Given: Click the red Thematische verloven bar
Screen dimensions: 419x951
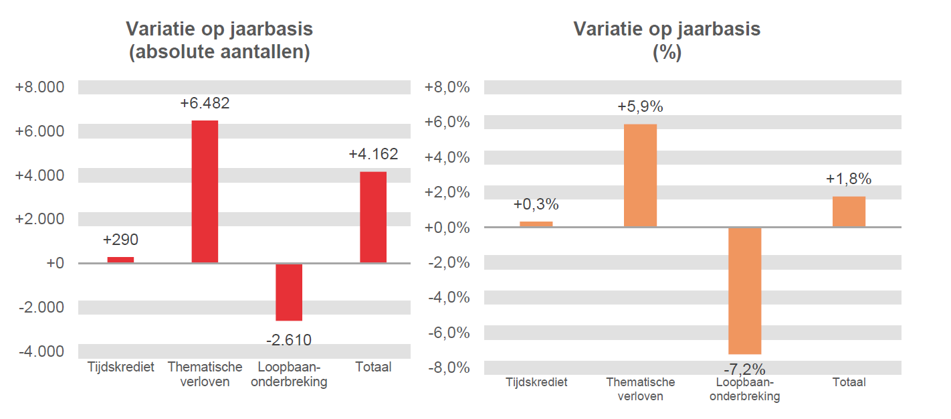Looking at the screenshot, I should pos(205,191).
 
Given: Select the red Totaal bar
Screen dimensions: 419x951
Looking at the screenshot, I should pos(373,218).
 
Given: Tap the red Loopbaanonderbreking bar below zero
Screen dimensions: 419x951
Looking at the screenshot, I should pos(289,292).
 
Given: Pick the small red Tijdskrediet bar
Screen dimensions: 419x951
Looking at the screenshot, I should pos(120,260).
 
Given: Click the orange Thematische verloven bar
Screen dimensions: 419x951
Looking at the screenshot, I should pos(640,175).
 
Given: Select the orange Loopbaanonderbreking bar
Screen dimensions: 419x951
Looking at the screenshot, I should pos(744,290).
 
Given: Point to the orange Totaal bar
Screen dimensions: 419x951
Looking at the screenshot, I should pos(849,212).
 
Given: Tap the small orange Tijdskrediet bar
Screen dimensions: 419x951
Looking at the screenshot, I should pos(536,224).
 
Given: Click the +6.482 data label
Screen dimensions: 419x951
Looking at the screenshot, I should pos(205,104).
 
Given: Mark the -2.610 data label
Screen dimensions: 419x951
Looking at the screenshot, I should pos(289,340).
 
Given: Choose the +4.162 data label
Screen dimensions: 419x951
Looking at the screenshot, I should pos(373,155).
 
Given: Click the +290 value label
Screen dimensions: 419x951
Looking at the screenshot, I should pos(120,240).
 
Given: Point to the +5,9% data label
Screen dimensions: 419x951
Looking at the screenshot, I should pos(640,107).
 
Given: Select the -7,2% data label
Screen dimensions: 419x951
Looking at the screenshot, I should pos(744,369).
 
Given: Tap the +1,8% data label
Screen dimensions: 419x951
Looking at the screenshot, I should pos(849,179).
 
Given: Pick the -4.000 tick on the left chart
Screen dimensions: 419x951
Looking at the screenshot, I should pos(41,351).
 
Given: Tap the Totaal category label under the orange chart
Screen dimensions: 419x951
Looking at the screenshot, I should pos(849,383).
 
